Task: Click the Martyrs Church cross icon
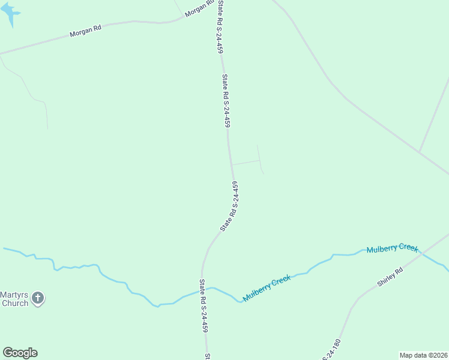[x=38, y=298]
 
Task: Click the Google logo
[x=20, y=353]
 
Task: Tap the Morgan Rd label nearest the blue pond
[x=85, y=32]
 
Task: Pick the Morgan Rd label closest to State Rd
[x=199, y=9]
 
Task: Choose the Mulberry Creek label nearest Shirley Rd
[x=392, y=248]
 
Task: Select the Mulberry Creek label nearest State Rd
[x=267, y=287]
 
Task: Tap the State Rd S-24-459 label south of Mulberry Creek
[x=203, y=306]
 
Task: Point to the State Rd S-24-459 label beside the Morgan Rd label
[x=220, y=27]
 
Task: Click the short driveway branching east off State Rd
[x=245, y=162]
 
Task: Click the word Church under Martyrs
[x=14, y=303]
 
